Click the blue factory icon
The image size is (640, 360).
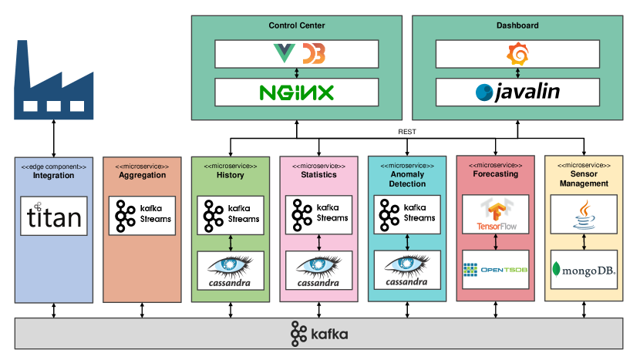(x=53, y=77)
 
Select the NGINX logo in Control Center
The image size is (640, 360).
(x=296, y=93)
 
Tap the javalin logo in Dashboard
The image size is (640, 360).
(x=517, y=93)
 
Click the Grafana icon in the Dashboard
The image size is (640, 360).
(x=517, y=54)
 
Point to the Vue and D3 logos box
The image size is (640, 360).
(x=296, y=54)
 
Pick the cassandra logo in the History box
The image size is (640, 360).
(x=231, y=270)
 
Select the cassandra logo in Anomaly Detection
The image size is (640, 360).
(x=407, y=270)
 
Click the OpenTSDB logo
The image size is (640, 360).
(x=496, y=270)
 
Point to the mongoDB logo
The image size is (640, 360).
(x=584, y=270)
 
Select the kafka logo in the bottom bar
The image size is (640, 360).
(x=319, y=335)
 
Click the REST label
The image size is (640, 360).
(x=407, y=132)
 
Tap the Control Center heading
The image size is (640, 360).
(x=297, y=25)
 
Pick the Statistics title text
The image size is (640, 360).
(x=319, y=175)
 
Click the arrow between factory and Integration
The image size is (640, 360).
(x=54, y=137)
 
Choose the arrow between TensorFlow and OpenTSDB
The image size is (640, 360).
(x=496, y=242)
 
